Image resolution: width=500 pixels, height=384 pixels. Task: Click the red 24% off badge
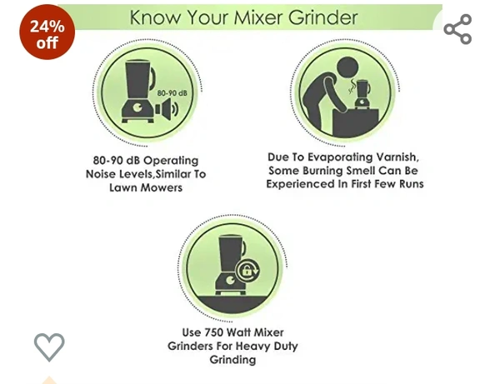point(47,32)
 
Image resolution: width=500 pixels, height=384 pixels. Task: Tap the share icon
point(457,29)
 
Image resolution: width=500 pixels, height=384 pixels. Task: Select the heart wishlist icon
point(49,347)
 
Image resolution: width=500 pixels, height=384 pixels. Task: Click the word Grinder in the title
point(323,17)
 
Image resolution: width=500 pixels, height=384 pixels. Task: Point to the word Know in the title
point(155,17)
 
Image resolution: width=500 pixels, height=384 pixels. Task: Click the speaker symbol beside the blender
point(167,109)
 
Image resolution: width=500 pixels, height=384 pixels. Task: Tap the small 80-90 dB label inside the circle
point(172,93)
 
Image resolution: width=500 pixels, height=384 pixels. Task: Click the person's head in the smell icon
point(347,67)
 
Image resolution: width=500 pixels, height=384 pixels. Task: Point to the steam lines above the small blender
point(352,86)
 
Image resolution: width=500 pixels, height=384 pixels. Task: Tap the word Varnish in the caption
point(397,157)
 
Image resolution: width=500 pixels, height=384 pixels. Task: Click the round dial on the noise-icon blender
point(138,108)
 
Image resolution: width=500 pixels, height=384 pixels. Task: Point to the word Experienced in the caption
point(300,184)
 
